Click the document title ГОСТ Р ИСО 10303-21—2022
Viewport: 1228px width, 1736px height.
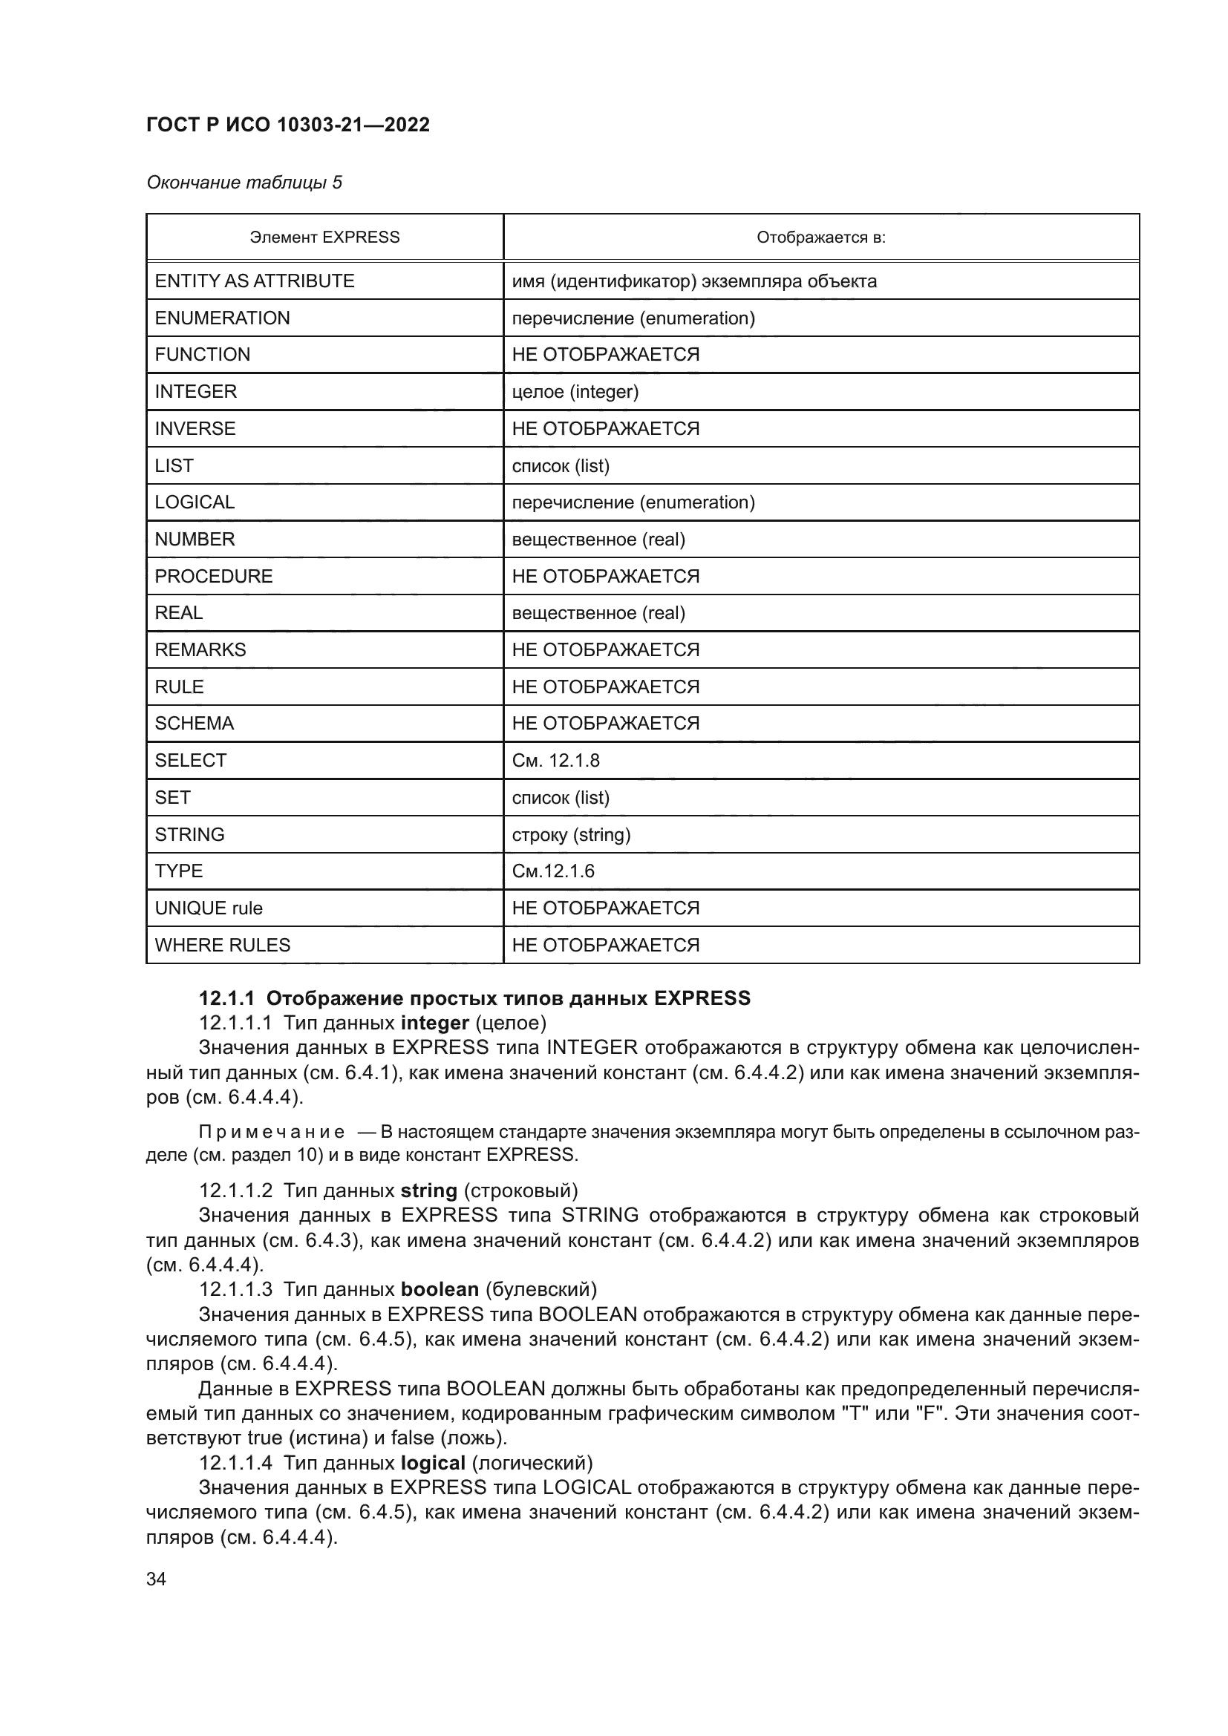287,125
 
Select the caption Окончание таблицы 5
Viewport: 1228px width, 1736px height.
244,183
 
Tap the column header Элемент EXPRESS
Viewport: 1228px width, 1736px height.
324,238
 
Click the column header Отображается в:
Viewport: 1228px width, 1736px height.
820,238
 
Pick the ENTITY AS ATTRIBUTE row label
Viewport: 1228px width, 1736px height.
254,281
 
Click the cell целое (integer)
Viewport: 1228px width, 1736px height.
575,392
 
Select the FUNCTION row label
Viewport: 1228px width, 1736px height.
202,355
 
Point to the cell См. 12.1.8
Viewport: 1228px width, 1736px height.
555,761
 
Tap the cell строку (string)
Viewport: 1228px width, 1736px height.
571,835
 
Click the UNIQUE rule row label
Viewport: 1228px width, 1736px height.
209,908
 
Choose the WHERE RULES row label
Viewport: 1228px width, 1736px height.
222,945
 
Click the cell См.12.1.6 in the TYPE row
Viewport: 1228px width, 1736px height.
553,871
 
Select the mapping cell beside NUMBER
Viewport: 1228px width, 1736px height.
598,540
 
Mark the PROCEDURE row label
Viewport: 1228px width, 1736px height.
213,576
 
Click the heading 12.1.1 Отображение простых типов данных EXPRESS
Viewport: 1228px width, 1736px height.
474,998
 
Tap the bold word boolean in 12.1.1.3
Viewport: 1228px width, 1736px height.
440,1289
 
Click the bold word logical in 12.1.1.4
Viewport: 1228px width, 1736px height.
433,1463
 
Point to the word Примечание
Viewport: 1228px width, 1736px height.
272,1132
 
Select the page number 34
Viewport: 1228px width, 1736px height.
156,1579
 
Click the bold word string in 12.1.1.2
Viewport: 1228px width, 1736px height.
428,1190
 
